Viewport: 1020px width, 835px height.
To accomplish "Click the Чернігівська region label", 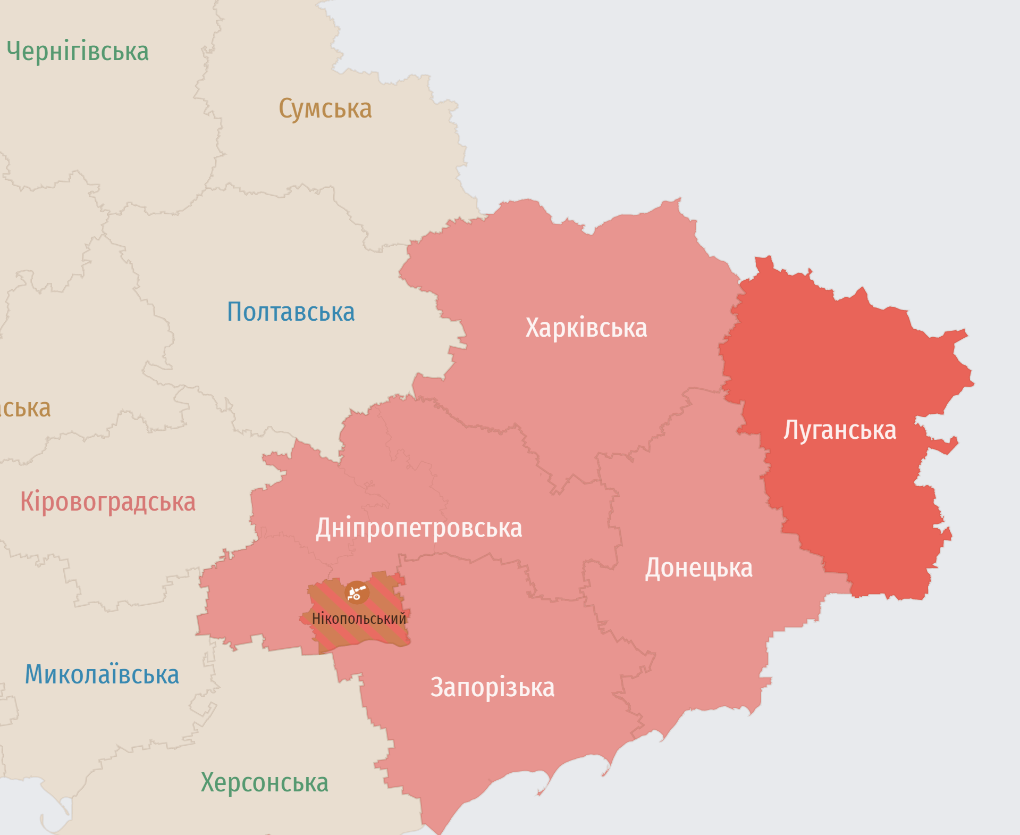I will point(78,52).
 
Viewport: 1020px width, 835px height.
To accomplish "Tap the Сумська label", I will point(325,109).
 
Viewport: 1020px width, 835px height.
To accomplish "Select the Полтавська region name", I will point(291,312).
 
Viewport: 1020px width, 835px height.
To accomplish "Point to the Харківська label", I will point(586,328).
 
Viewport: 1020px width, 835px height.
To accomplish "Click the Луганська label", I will point(840,430).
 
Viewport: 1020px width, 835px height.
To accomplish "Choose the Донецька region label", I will point(698,568).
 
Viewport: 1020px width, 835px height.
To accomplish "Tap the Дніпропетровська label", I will point(419,529).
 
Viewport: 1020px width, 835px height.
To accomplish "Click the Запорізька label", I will point(492,688).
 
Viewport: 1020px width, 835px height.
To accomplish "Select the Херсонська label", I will point(264,783).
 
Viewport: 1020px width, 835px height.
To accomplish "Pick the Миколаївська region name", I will point(102,675).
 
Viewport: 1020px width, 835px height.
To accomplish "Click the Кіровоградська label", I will point(108,502).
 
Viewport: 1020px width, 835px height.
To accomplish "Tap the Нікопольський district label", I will point(359,619).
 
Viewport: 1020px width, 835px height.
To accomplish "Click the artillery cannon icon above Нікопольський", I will point(357,592).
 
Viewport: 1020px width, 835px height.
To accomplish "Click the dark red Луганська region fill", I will point(850,505).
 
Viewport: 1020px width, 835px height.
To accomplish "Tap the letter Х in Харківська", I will point(533,328).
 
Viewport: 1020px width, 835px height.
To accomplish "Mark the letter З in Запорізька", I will point(436,688).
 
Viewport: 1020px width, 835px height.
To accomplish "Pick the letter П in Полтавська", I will point(235,312).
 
